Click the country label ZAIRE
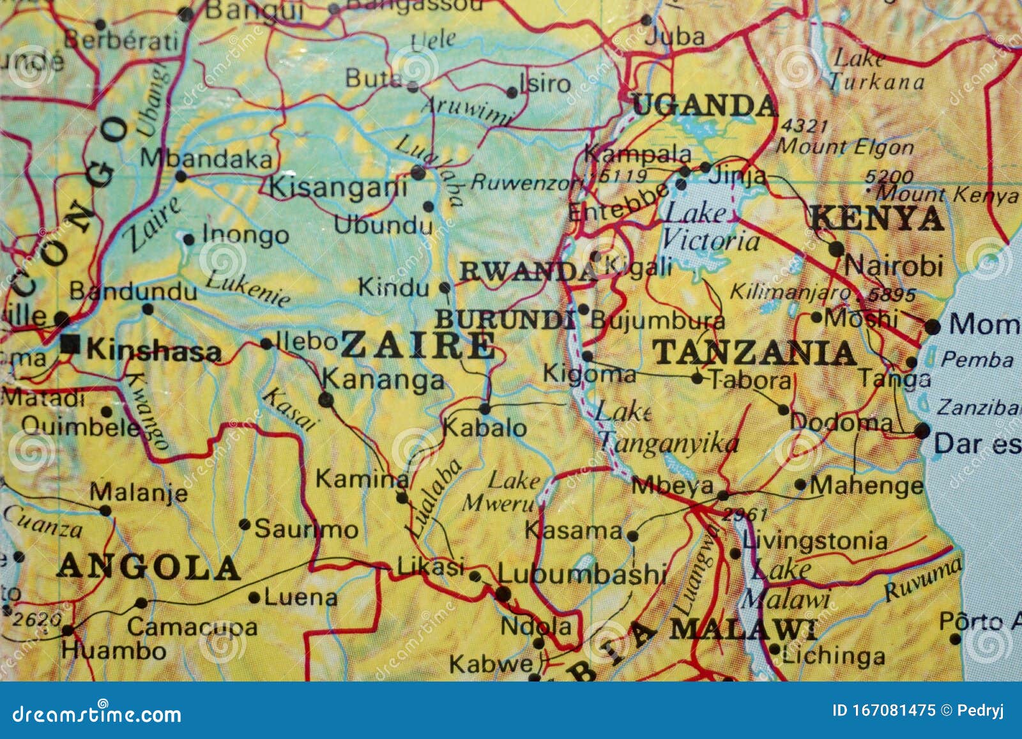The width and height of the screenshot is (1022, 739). [418, 346]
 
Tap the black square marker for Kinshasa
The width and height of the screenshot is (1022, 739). [70, 345]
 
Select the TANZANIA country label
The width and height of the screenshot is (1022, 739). [754, 353]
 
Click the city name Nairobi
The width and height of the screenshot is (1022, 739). [894, 266]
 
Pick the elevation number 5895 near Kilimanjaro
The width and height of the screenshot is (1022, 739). [892, 295]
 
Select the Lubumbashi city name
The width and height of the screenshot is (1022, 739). [583, 574]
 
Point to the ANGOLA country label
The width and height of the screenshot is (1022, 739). [148, 567]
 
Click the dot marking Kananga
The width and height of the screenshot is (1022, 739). [326, 400]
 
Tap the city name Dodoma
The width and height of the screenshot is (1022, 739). [842, 422]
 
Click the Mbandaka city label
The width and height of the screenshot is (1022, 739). [206, 158]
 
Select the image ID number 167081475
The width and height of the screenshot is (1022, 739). [894, 710]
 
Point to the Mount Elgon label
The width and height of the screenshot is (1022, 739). [844, 147]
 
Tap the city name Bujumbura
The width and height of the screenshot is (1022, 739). [657, 319]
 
